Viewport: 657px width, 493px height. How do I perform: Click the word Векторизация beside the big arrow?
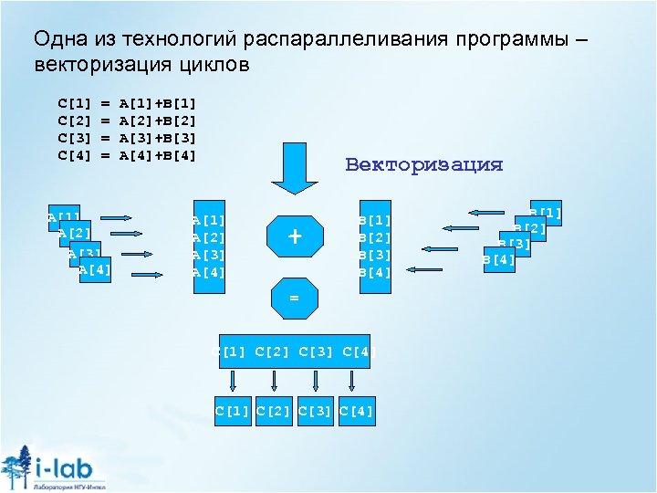tap(423, 165)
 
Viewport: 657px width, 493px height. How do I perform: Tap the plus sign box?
tap(295, 236)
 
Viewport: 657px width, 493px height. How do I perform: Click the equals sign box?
tap(294, 299)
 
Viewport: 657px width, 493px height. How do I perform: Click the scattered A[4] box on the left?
tap(95, 270)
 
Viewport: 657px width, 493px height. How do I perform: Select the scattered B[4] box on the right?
tap(498, 259)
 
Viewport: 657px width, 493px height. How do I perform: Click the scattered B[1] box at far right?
tap(546, 214)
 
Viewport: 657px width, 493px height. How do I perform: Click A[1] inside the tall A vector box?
tap(209, 220)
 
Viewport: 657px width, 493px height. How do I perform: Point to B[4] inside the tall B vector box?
tap(375, 272)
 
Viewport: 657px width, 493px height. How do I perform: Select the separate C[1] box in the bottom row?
tap(232, 411)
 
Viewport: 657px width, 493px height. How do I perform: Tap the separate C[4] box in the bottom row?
tap(356, 411)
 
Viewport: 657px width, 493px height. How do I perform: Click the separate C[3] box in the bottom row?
tap(315, 411)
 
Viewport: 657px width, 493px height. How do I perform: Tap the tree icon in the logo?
tap(18, 466)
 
